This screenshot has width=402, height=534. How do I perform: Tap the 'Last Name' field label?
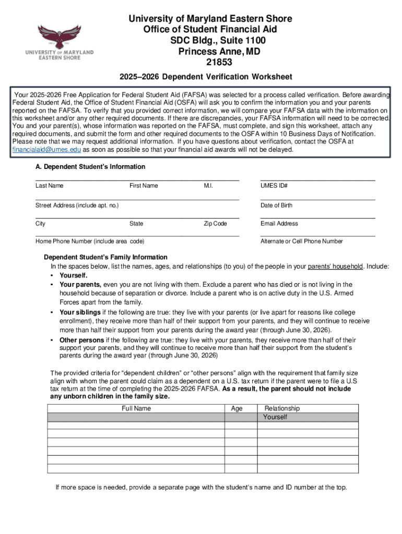pos(50,186)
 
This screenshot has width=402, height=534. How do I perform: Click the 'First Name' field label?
pos(144,186)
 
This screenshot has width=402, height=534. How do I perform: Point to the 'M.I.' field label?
pos(208,186)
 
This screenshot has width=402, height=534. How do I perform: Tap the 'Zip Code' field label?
pos(215,224)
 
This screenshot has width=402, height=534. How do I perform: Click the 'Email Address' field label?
pos(279,224)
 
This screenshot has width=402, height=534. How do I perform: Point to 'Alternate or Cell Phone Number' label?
pos(302,241)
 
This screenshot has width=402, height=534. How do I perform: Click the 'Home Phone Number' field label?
pos(90,241)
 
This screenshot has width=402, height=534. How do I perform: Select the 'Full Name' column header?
pos(136,408)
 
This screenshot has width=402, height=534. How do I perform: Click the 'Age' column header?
pos(237,408)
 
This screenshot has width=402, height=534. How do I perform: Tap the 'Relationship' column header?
pos(282,408)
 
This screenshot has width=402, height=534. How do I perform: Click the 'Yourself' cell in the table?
pos(275,417)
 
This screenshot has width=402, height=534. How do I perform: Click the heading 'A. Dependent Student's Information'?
pos(87,167)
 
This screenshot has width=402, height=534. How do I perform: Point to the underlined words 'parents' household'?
pos(336,266)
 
